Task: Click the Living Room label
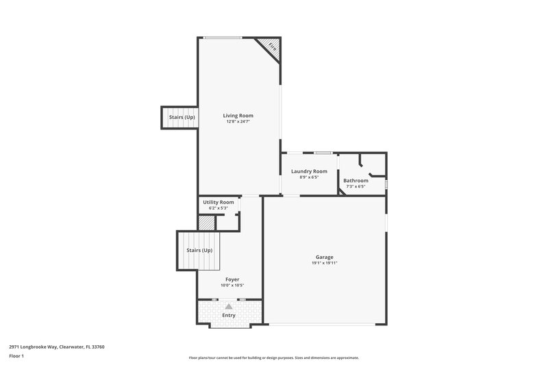(x=238, y=116)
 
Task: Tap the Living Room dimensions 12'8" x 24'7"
(x=238, y=122)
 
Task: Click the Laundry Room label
(x=309, y=171)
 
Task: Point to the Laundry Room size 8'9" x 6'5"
(x=309, y=177)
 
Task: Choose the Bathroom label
(x=356, y=180)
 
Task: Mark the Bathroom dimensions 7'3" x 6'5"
(x=356, y=186)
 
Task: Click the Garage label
(x=325, y=257)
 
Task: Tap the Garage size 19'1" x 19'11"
(x=325, y=263)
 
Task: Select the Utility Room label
(x=219, y=202)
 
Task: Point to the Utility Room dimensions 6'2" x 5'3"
(x=219, y=208)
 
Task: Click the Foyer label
(x=232, y=279)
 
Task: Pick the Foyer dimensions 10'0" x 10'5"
(x=232, y=286)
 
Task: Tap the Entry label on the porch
(x=229, y=315)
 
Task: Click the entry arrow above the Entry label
(x=229, y=307)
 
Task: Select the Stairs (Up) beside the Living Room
(x=182, y=117)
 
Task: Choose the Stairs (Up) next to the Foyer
(x=199, y=251)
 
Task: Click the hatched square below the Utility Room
(x=206, y=223)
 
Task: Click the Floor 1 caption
(x=17, y=357)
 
